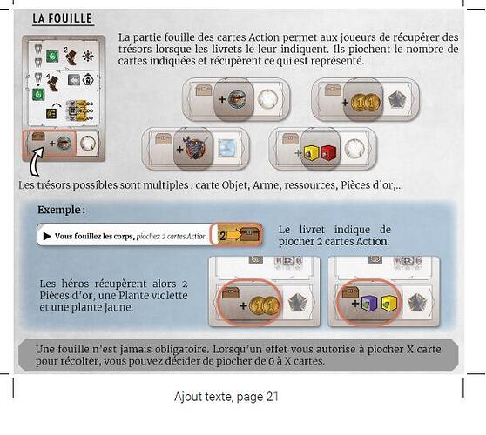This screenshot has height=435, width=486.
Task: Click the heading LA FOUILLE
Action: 63,18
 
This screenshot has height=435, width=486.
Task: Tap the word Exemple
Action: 59,210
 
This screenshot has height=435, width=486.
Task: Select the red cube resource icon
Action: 327,151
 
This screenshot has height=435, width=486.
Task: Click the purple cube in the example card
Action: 368,304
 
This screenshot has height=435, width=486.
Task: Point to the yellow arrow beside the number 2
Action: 233,236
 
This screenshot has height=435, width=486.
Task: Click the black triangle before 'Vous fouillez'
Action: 47,237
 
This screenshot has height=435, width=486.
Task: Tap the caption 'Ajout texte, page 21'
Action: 226,397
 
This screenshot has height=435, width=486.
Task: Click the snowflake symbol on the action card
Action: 88,56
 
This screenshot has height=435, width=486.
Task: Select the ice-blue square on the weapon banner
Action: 227,148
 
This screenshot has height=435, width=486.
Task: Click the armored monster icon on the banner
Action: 194,148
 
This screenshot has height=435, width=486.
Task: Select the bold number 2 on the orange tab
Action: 222,236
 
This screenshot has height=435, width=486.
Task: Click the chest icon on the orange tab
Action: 250,235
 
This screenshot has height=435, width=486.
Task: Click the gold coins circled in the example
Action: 264,305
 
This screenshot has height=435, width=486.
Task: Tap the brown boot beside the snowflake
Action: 71,57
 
